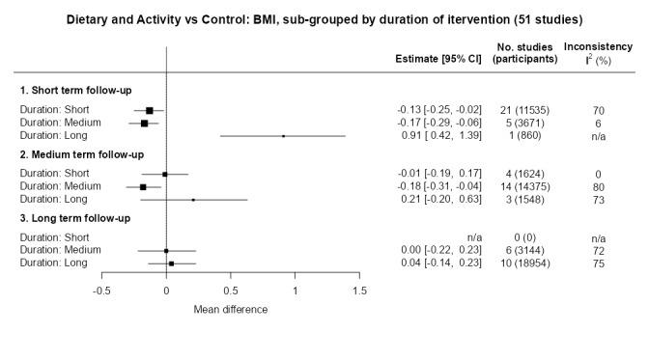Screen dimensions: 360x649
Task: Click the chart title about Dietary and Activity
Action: pos(324,20)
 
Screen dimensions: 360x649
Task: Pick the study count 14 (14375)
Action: pos(526,186)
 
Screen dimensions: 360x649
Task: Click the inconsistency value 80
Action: pos(599,186)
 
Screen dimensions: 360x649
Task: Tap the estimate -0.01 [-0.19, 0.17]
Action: pos(433,174)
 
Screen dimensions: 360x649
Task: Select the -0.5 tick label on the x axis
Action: pos(100,291)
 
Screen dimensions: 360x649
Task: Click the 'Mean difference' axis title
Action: pos(230,310)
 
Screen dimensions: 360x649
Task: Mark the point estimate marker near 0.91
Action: pos(283,136)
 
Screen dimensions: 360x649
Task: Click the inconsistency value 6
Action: pos(599,124)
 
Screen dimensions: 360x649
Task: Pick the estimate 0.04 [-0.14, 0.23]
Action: pos(433,263)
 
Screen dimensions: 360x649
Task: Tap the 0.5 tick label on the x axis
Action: pos(230,291)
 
